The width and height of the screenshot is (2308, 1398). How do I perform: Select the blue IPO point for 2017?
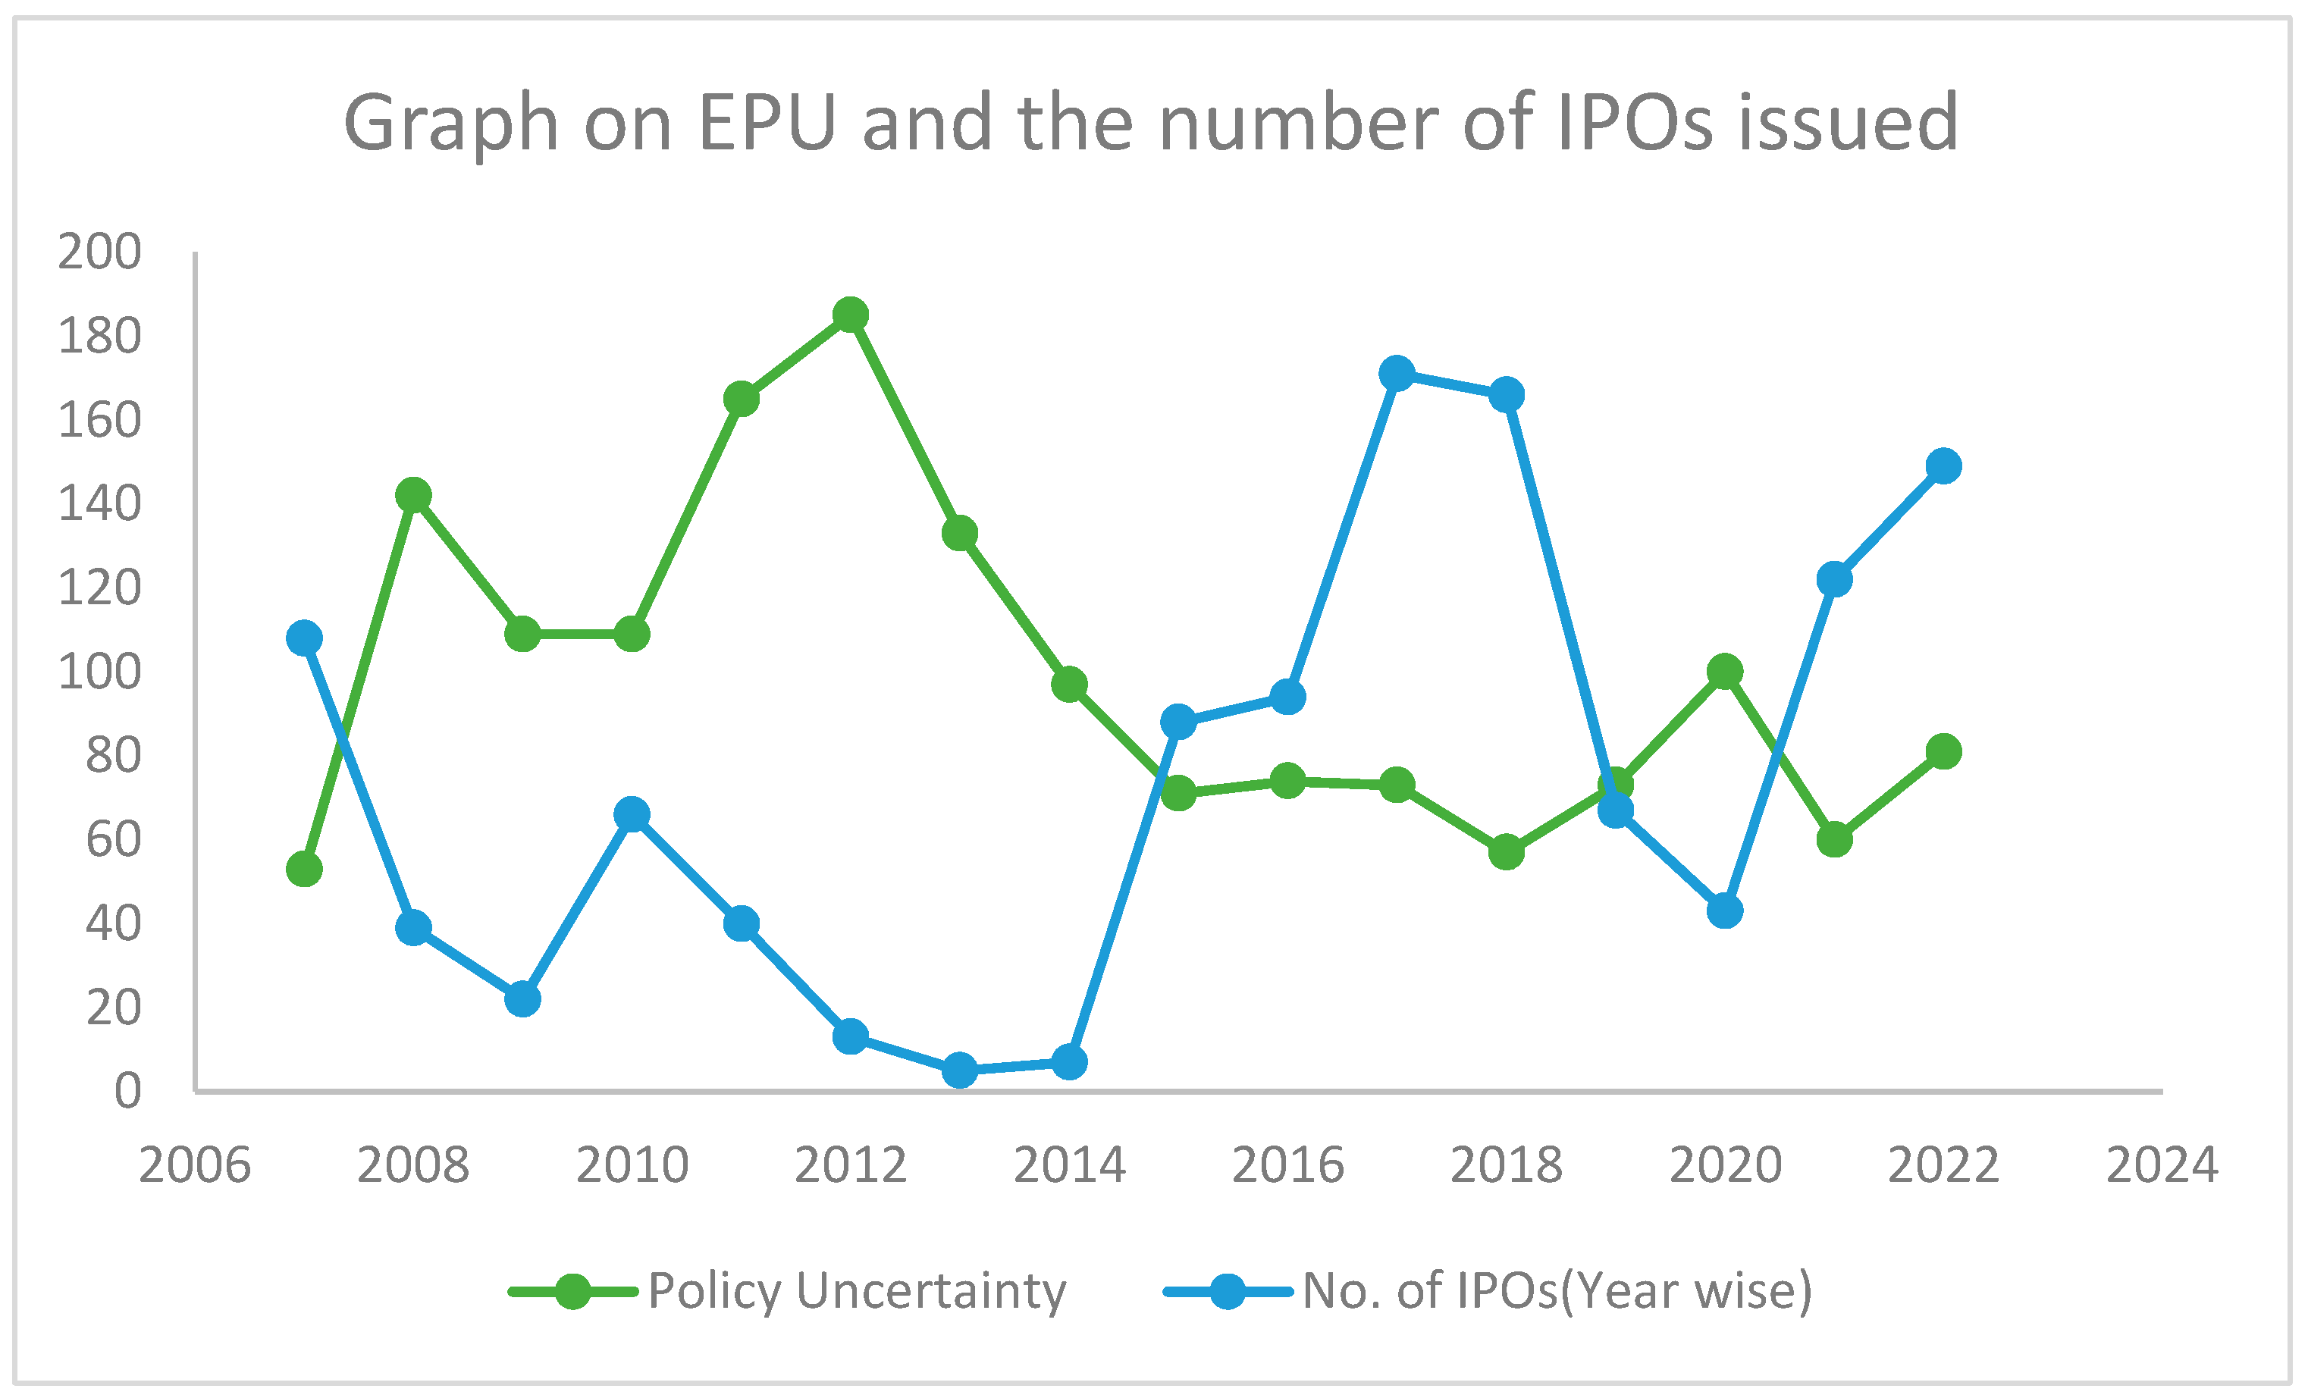[x=1397, y=374]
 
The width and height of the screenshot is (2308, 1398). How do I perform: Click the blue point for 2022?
[x=1943, y=465]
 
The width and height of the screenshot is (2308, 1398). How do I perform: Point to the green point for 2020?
[x=1724, y=672]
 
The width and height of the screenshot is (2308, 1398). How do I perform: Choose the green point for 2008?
[x=413, y=495]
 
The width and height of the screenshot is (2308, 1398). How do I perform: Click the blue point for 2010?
[x=632, y=815]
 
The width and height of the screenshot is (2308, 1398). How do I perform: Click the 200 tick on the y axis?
[x=99, y=252]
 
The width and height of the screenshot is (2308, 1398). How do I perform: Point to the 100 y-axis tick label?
[x=99, y=672]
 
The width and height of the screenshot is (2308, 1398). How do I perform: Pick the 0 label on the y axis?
[x=127, y=1092]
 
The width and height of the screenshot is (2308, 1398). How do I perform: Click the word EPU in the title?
[x=767, y=122]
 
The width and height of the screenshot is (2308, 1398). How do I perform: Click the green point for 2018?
[x=1507, y=852]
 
